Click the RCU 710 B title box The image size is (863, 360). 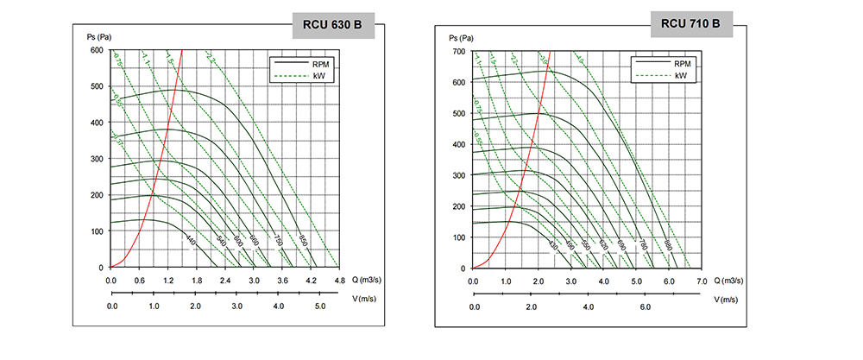click(690, 23)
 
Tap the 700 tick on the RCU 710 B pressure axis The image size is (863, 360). click(458, 52)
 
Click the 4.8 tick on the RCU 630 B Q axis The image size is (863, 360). click(339, 281)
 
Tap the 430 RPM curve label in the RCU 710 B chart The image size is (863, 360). click(553, 247)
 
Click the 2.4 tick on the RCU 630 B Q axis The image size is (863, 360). click(225, 281)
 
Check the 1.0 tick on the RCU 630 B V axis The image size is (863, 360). click(154, 307)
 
